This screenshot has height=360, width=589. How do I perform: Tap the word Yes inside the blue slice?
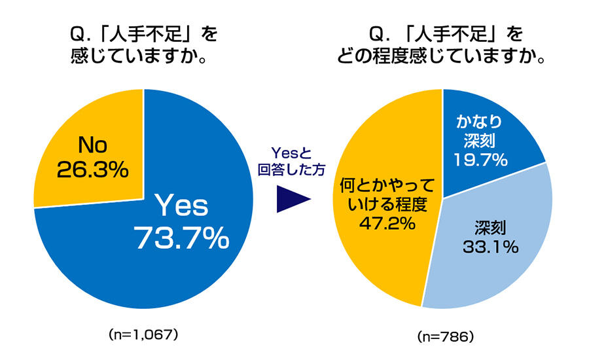point(181,206)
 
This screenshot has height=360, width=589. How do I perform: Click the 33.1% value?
point(494,246)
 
